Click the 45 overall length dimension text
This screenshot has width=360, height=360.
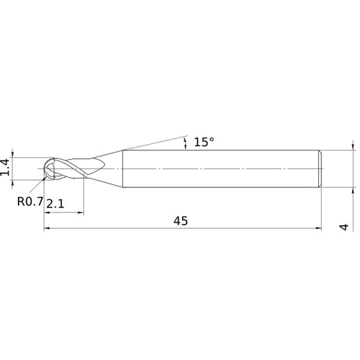pos(180,221)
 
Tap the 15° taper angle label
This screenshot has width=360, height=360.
pos(204,143)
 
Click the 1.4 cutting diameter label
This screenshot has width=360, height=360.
pos(6,168)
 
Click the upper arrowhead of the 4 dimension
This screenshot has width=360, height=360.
pos(354,146)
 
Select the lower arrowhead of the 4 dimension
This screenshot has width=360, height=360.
pos(354,191)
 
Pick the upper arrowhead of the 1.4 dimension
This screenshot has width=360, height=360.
pos(13,154)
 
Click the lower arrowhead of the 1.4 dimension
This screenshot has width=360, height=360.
pos(13,182)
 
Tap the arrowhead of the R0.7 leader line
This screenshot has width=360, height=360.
pos(46,179)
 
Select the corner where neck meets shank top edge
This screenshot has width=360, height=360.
pos(122,150)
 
